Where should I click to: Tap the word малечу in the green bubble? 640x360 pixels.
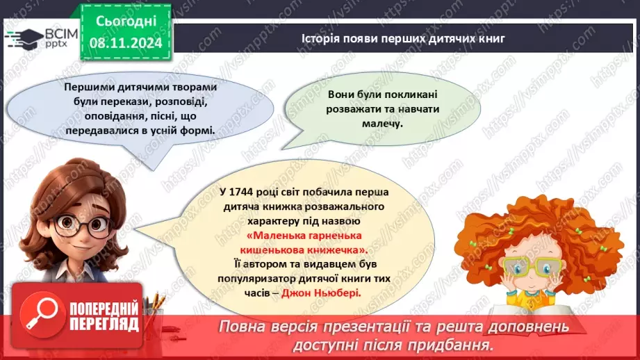pos(383,123)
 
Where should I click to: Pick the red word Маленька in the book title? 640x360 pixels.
pos(253,236)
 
